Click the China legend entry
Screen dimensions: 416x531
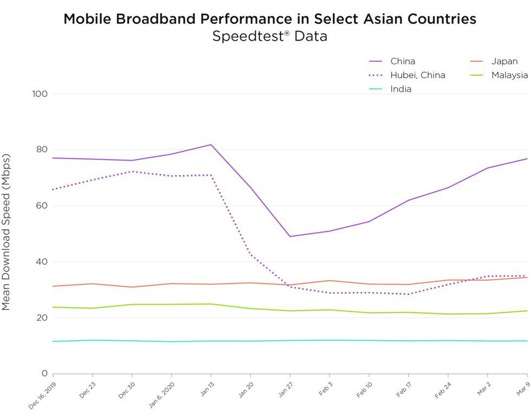[x=402, y=61]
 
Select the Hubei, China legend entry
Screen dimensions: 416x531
[x=417, y=75]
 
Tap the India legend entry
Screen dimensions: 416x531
[x=400, y=89]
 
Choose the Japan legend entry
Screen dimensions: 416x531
[x=504, y=61]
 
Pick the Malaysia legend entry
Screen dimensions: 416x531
[x=509, y=75]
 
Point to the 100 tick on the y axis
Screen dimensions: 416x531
[x=40, y=94]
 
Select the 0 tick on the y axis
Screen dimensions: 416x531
[x=45, y=374]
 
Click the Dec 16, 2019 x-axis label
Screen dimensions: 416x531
[x=43, y=395]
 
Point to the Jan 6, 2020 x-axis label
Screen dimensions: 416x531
[x=161, y=395]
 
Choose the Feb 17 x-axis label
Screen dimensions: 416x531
[x=402, y=391]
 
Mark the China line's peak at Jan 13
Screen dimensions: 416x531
[x=211, y=144]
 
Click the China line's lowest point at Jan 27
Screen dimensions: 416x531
[x=290, y=236]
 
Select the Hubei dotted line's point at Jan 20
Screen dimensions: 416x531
[x=250, y=254]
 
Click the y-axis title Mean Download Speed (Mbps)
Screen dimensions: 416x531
[x=6, y=232]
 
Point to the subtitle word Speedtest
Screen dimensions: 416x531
[x=248, y=37]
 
